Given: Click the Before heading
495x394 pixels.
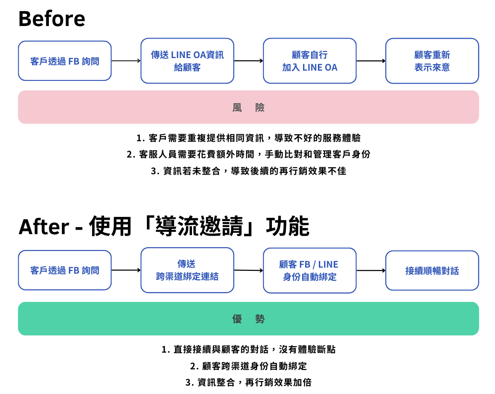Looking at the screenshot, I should coord(52,19).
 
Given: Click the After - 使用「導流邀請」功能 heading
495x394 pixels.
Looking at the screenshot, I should coord(164,227).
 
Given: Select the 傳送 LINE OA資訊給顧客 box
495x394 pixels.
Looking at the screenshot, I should coord(187,61).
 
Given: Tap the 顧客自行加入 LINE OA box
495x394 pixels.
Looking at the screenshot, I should coord(310,61).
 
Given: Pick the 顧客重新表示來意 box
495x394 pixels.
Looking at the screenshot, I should coord(432,61).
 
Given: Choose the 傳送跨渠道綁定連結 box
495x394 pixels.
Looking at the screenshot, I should coord(187,270).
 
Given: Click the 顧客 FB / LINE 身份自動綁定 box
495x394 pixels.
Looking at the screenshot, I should coord(310,270).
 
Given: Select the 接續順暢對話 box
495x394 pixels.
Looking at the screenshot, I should coord(432,270).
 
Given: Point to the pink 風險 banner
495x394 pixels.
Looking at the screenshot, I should coord(248,107).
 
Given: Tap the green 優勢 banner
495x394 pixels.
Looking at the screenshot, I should coord(248,319).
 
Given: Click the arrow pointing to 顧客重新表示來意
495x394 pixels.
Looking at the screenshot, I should coord(371,61).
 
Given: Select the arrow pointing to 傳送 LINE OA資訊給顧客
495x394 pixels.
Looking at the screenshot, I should coord(126,61).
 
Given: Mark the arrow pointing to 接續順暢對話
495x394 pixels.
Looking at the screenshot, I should coord(371,270).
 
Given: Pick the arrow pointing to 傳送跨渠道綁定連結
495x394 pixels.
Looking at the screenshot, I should coord(126,270).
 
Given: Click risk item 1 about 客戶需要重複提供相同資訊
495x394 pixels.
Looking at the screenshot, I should coord(248,138).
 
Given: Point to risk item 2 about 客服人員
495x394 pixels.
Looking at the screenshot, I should coord(248,154).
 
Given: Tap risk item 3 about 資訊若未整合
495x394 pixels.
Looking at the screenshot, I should coord(248,171).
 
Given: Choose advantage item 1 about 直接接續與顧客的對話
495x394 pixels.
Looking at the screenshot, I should coord(248,349).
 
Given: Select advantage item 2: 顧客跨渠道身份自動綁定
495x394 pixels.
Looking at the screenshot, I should coord(248,366).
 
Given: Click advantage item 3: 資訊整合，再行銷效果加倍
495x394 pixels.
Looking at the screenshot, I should coord(248,382).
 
